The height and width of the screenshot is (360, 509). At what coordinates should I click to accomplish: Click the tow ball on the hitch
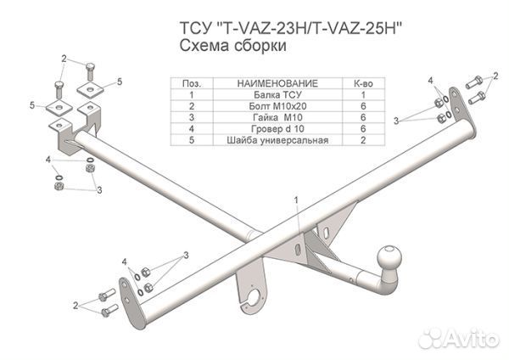pos(390,258)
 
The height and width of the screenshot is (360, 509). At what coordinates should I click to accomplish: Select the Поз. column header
pos(192,83)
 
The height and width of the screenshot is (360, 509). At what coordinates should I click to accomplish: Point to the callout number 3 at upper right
pos(395,121)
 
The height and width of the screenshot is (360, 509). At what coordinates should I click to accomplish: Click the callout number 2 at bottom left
pos(76,305)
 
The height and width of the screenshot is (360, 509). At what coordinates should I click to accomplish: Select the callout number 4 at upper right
pos(431,81)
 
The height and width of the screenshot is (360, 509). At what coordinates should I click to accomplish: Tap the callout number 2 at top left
pos(64,59)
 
